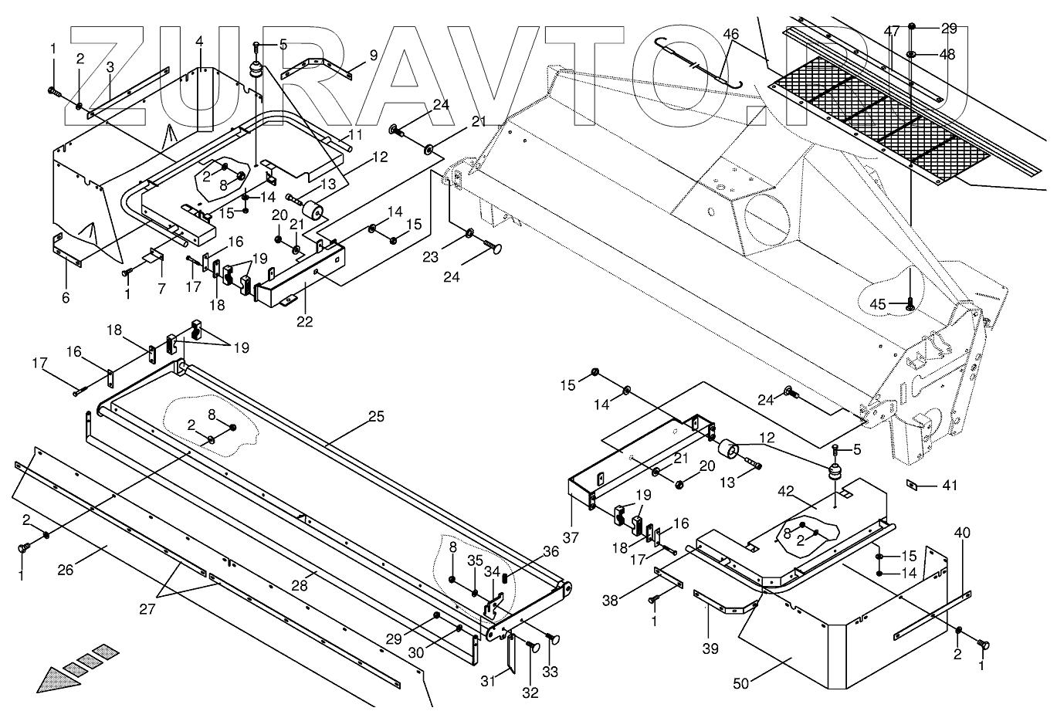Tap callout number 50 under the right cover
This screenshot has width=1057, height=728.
tap(741, 684)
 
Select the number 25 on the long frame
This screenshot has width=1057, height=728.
tap(375, 417)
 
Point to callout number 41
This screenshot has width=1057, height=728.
tap(949, 486)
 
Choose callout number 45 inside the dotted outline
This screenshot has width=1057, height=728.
tap(878, 304)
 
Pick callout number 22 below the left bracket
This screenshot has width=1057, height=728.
tap(305, 321)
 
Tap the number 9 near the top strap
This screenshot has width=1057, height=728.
tap(374, 55)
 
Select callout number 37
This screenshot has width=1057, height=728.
tap(570, 537)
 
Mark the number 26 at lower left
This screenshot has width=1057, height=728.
tap(66, 571)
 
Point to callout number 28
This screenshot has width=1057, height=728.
tap(300, 585)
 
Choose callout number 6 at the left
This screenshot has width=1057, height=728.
tap(65, 297)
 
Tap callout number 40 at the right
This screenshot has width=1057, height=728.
tap(962, 533)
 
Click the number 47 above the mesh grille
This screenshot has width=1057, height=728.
tap(892, 31)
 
